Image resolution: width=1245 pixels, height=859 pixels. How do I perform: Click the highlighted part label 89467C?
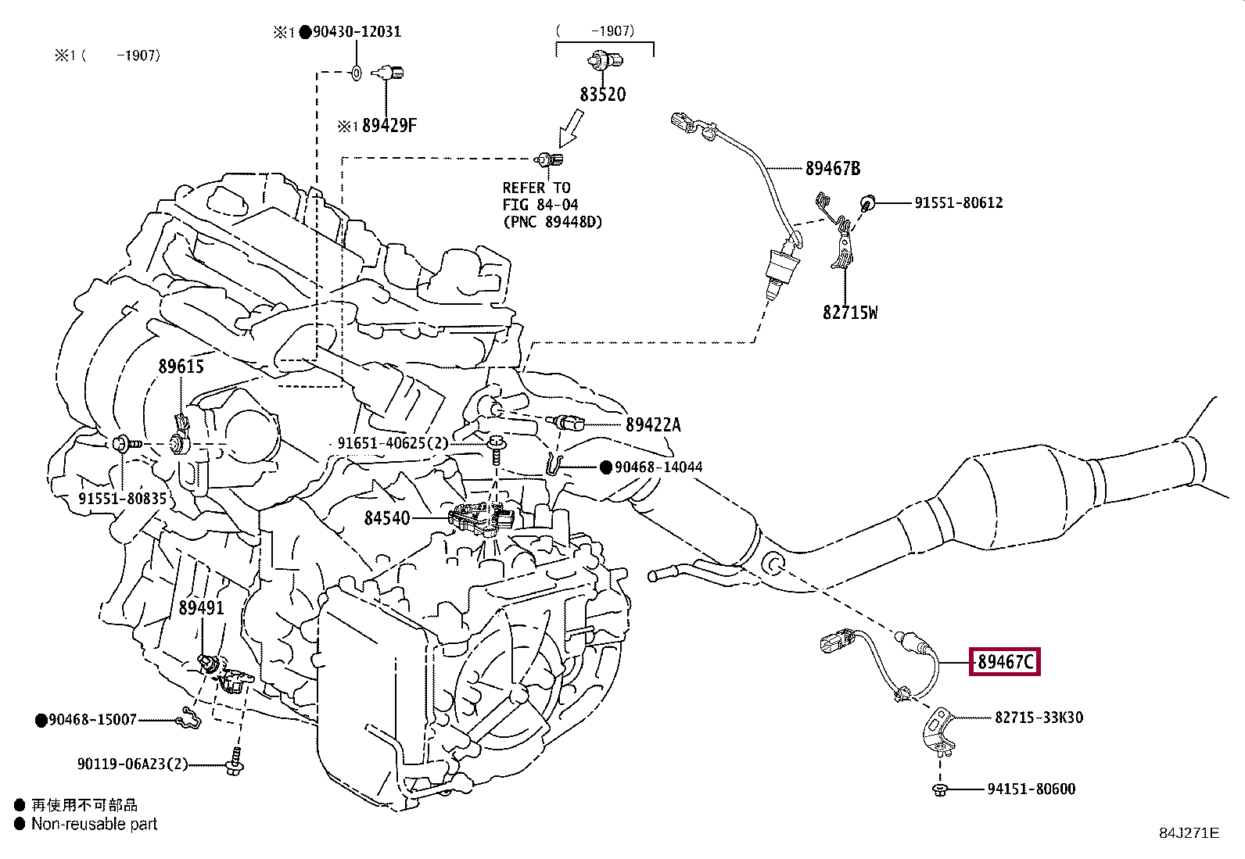1005,662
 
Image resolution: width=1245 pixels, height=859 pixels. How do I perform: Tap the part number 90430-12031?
357,32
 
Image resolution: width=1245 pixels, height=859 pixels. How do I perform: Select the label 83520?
602,95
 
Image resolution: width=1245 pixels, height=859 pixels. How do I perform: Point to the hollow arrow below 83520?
572,128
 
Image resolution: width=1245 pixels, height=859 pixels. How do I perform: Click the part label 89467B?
833,168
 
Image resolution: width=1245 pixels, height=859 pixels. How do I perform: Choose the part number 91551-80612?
959,202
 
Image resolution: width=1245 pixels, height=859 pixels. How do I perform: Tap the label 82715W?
850,313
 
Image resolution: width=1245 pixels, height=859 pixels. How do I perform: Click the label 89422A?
653,425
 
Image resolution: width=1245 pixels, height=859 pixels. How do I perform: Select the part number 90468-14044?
658,467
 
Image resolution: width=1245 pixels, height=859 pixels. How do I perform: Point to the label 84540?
387,518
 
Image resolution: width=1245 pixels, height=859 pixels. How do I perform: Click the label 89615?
181,366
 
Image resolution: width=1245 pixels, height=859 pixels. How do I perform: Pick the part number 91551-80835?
122,499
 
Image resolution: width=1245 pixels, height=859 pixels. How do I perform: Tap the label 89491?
201,608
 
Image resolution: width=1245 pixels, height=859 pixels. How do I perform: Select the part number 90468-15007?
93,720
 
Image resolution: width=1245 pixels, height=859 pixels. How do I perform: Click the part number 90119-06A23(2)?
133,764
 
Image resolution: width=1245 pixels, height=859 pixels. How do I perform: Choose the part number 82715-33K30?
1039,718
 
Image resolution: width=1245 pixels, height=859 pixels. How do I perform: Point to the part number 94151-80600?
1031,789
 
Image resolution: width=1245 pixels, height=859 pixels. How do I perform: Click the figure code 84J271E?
1189,833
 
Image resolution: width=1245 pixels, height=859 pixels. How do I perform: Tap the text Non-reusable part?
95,824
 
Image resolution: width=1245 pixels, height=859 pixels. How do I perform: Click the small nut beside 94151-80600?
939,789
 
